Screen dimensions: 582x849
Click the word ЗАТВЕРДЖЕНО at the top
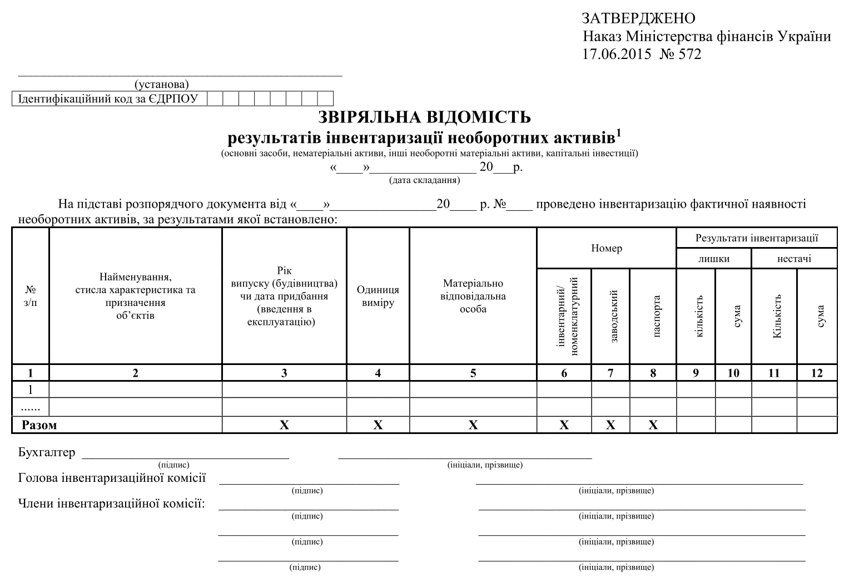pos(638,18)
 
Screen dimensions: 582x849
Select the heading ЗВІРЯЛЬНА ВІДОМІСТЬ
pos(424,117)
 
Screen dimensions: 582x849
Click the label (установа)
pos(161,85)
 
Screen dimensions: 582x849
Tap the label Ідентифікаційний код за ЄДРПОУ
pos(108,99)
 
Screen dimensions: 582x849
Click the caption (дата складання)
pos(424,180)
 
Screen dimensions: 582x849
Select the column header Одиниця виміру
pos(378,296)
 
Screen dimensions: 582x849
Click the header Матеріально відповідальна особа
pos(473,296)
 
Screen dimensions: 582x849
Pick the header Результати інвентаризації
pos(756,238)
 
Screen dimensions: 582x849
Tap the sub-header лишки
pos(713,258)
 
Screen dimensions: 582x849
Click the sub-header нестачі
pos(794,258)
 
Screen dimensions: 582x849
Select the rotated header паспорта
pos(657,315)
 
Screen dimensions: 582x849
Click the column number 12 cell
pos(816,373)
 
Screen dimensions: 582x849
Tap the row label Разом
pos(39,425)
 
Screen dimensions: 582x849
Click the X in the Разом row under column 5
pos(473,425)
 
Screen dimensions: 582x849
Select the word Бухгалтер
pos(46,452)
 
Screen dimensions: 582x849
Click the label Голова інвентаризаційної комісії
pos(112,478)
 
